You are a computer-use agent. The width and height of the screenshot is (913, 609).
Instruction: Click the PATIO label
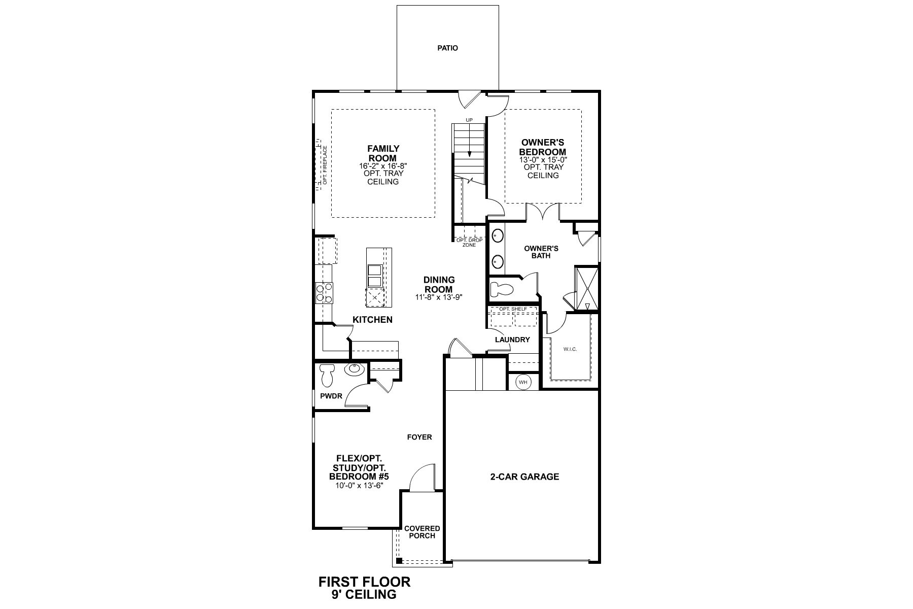[x=447, y=48]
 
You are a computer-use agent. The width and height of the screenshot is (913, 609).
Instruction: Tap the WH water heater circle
[x=523, y=382]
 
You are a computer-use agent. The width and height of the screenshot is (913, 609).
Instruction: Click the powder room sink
[x=355, y=369]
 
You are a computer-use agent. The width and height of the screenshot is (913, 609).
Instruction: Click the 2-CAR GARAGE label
[x=524, y=477]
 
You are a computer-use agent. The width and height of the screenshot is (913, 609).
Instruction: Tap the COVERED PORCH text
[x=422, y=532]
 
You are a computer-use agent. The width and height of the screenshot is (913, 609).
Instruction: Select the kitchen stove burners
[x=324, y=292]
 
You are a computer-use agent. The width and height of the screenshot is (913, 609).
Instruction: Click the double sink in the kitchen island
[x=374, y=276]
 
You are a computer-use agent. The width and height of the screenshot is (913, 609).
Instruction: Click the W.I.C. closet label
[x=570, y=349]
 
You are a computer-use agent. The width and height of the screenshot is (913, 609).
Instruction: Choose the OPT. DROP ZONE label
[x=469, y=243]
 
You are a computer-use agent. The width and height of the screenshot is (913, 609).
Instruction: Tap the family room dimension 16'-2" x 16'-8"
[x=383, y=166]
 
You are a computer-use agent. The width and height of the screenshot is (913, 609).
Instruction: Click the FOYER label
[x=419, y=437]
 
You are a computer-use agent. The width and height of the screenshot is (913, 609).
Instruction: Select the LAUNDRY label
[x=512, y=340]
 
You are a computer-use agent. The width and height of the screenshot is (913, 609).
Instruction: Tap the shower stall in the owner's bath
[x=587, y=288]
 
